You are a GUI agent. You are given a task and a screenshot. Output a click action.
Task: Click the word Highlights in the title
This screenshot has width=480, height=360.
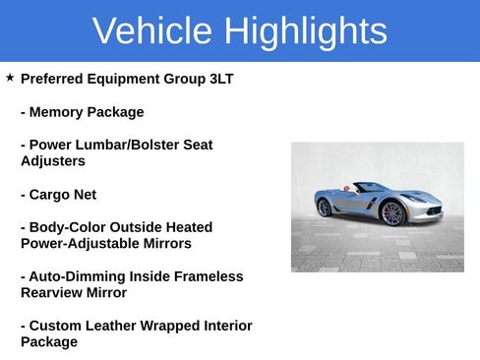coord(304,31)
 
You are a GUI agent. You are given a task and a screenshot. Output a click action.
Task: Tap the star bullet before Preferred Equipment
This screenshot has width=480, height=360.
coord(10,78)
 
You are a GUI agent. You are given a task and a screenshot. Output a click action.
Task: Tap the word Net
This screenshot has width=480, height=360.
coord(86,195)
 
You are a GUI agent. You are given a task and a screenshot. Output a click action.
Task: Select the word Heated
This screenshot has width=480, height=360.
coord(187,227)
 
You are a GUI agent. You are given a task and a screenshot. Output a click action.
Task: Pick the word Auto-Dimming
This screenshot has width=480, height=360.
coord(77,276)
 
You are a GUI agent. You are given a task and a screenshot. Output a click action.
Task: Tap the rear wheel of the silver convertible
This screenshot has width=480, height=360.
coord(325,208)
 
